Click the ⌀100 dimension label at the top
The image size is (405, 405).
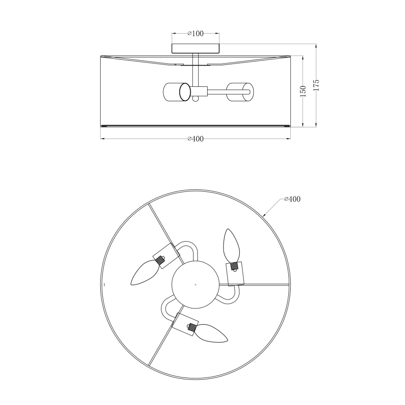(196, 33)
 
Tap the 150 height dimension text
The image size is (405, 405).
(303, 91)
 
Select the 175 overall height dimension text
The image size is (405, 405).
(316, 85)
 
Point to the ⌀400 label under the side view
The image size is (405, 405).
(196, 139)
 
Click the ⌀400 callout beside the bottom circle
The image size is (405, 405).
(292, 199)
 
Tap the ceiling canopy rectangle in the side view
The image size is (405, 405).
(196, 49)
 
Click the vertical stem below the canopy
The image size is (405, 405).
(195, 70)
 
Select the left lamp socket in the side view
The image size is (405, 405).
(176, 92)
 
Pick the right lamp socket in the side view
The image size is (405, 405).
(240, 92)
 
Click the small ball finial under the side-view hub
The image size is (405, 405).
(195, 98)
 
